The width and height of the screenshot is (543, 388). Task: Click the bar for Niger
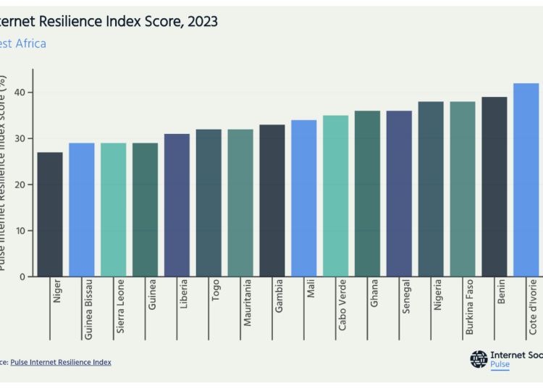(x=50, y=214)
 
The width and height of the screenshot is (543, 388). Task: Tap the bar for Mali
(x=304, y=198)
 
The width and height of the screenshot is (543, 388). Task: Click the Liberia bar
(x=177, y=205)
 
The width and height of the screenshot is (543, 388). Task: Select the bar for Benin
(x=494, y=187)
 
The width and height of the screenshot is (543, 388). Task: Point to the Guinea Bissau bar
(x=82, y=209)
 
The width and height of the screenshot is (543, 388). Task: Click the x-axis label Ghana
(x=374, y=292)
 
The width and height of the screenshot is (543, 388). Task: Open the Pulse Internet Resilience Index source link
(x=61, y=362)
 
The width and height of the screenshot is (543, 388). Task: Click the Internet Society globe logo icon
(x=479, y=359)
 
